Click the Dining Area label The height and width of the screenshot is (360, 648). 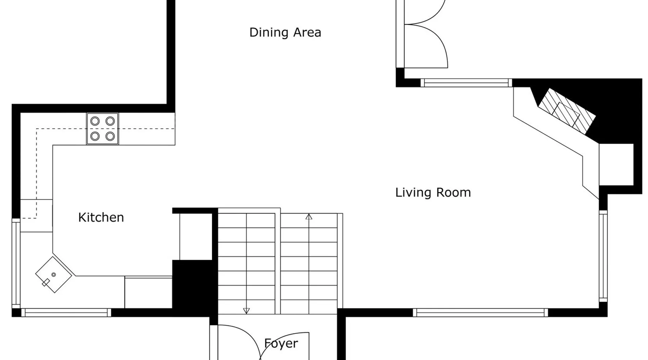pos(285,32)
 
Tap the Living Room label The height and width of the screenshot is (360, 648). pos(433,193)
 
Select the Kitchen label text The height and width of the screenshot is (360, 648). pos(101,217)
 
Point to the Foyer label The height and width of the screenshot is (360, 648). pos(281,343)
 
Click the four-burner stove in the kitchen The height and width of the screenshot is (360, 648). pos(103,129)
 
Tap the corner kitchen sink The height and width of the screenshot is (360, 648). pos(54,275)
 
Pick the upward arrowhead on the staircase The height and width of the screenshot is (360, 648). pos(309,217)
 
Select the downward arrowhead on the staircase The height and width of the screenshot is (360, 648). pos(246,311)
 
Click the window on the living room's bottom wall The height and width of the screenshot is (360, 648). pos(480,312)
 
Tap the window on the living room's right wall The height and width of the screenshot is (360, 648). pos(603,256)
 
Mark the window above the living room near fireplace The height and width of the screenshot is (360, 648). pos(466,83)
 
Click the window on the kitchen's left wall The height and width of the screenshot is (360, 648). pos(16,264)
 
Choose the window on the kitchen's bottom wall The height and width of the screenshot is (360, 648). pos(66,312)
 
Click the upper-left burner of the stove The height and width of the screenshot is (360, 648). pos(95,121)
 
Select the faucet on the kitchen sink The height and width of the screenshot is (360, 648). pos(46,283)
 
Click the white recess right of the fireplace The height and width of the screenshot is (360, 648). pos(616,165)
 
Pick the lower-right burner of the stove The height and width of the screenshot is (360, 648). pos(110,136)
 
